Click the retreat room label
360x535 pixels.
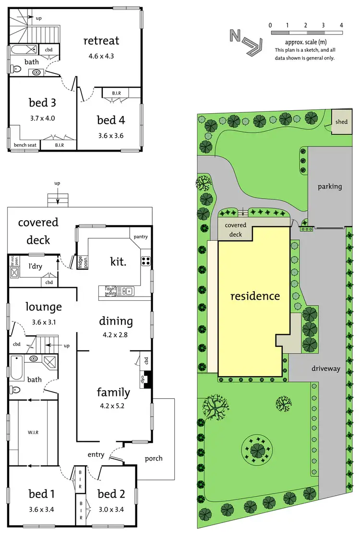coord(101,41)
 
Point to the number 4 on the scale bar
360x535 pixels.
coord(341,24)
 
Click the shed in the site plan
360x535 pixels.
coord(341,122)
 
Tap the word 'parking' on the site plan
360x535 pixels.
coord(329,186)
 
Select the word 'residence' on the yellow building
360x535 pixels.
coord(255,296)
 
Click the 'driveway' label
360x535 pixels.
coord(325,369)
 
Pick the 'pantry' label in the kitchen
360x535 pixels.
coord(141,237)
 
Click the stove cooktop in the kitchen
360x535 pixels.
coord(145,262)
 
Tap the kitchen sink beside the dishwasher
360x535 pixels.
coord(126,290)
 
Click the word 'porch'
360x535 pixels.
coord(154,458)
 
